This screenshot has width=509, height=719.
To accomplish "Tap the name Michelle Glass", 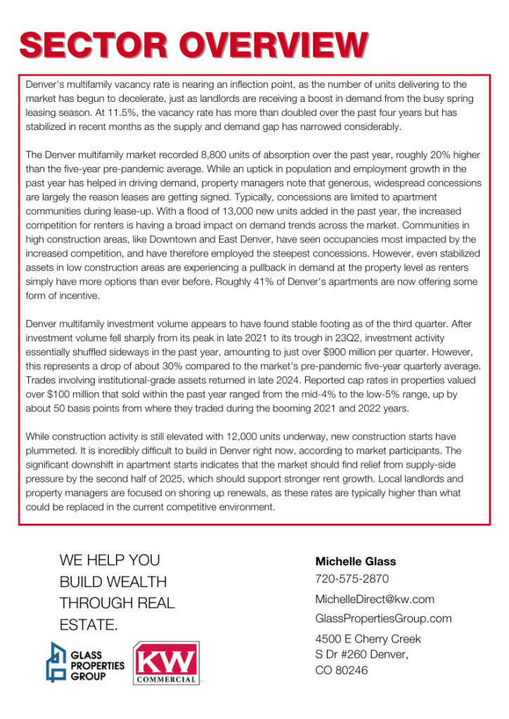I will coord(355,561).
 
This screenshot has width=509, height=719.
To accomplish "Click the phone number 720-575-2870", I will coord(352,579).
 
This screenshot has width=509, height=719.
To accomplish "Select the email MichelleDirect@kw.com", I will coord(375,599).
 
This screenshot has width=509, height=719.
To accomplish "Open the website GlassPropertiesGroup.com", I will coord(383,619).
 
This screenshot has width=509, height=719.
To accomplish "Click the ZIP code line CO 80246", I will coord(342,670).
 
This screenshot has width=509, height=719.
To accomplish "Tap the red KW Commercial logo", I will coord(165,663).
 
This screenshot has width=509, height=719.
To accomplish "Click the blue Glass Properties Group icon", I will coord(56,661).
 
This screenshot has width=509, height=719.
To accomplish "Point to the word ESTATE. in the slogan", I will coord(89,624).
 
